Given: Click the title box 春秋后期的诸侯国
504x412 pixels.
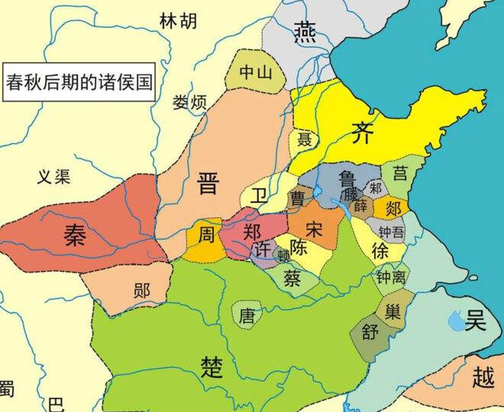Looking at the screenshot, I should [x=79, y=81].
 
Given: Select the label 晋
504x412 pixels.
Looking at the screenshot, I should [x=208, y=183].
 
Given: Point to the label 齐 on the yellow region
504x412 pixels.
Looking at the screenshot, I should [x=361, y=133].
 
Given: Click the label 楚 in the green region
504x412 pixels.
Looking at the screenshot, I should [x=211, y=367].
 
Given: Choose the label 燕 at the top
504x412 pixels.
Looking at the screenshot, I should [x=305, y=31].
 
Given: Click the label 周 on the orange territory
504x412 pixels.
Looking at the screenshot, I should [x=206, y=235].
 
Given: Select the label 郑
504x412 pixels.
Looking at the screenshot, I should [x=251, y=232].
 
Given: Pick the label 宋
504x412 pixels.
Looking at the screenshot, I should [x=314, y=230].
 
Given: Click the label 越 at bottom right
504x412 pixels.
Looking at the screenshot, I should [x=483, y=378].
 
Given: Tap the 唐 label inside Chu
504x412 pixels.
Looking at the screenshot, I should [x=247, y=316].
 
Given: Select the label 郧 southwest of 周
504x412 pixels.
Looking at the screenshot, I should [x=142, y=290].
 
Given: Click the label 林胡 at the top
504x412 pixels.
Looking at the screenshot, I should [x=178, y=21].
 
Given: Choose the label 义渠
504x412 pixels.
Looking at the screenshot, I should [x=54, y=177].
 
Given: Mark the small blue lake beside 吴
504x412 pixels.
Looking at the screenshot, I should [x=455, y=319].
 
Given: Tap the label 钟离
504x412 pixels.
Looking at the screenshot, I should [x=390, y=278].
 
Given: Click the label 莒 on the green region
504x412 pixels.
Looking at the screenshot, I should [x=400, y=174].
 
